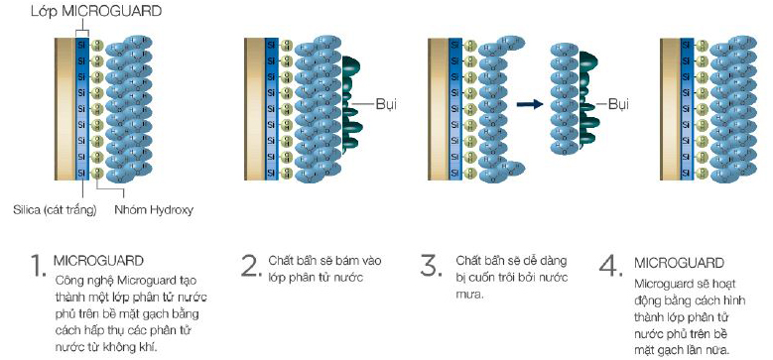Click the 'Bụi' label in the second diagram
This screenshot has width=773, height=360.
click(x=386, y=103)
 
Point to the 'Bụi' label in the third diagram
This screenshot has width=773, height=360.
click(x=618, y=103)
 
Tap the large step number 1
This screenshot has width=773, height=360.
click(x=37, y=266)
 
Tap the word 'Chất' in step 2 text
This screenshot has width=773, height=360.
click(x=282, y=260)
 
